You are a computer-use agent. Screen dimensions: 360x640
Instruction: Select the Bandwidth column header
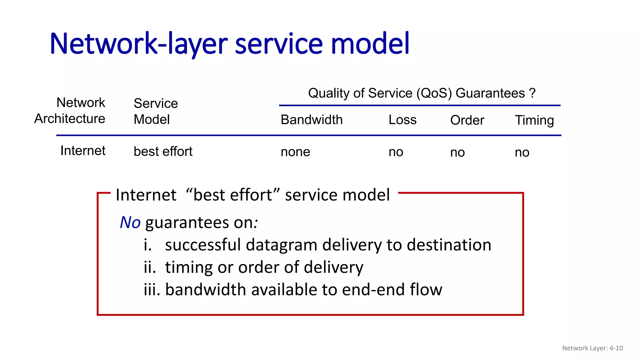tap(312, 120)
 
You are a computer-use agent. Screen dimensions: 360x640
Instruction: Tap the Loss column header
tap(402, 120)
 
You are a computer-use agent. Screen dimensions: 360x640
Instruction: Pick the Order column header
tap(467, 120)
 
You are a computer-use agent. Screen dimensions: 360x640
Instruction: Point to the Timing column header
tap(534, 120)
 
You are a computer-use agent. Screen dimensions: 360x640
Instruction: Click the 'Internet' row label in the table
tap(83, 151)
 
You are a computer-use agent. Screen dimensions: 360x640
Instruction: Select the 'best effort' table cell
tap(163, 152)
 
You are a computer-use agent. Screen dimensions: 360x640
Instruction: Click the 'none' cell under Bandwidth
tap(295, 152)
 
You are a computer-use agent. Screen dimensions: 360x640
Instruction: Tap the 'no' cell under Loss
tap(396, 152)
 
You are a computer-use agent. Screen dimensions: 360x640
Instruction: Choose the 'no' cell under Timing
tap(522, 153)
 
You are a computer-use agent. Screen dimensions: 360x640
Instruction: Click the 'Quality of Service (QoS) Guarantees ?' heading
tap(422, 93)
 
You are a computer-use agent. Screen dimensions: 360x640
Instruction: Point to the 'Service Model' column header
tap(155, 111)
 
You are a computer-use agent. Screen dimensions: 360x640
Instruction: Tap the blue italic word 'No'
tap(130, 223)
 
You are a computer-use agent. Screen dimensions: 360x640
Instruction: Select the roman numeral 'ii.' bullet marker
tap(150, 267)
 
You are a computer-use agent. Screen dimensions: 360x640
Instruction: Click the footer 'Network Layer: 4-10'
tap(592, 348)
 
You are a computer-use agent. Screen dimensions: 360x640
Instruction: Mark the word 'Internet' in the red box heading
tap(146, 195)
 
